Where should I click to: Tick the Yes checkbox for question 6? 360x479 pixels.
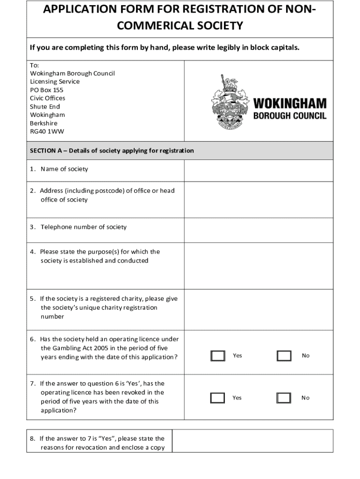tap(218, 356)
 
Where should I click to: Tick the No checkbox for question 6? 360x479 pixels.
tap(284, 356)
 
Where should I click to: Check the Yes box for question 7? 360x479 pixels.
tap(218, 398)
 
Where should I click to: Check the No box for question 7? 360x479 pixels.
tap(284, 398)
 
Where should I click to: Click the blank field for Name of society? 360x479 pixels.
tap(259, 170)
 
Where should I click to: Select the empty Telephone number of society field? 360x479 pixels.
tap(259, 230)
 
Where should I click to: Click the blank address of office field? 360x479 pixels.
tap(259, 200)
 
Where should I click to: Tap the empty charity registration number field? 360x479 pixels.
tap(259, 307)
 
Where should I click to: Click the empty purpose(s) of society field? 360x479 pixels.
tap(259, 264)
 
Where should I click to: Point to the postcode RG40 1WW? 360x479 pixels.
tap(47, 131)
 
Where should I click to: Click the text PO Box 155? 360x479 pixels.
tap(47, 90)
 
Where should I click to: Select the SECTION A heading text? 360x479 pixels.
tap(112, 151)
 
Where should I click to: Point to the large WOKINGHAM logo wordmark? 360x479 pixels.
tap(290, 103)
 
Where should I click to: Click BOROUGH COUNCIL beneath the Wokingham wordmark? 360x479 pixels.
tap(290, 115)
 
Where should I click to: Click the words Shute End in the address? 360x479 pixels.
tap(45, 107)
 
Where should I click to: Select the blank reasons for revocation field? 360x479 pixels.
tap(252, 441)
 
